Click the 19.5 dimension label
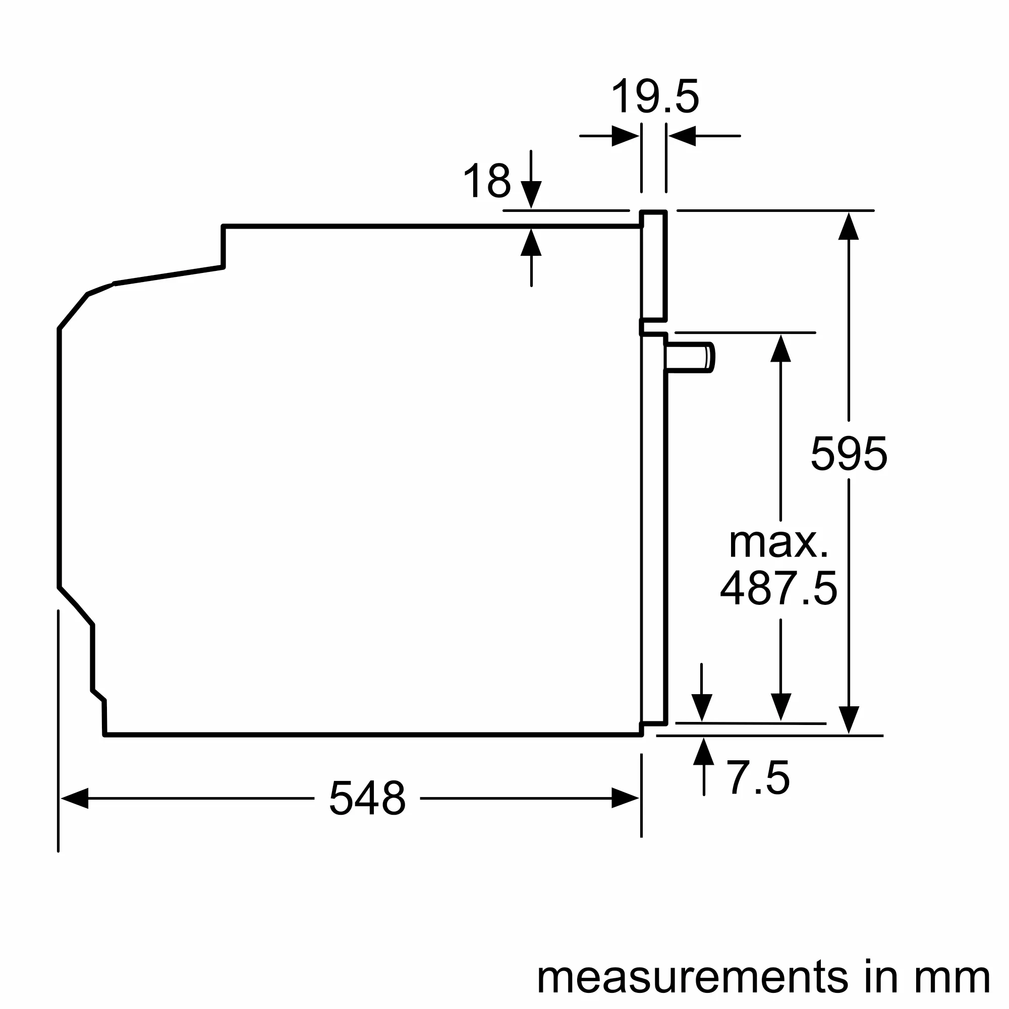pyautogui.click(x=654, y=97)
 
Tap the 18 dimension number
pyautogui.click(x=487, y=181)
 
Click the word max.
pyautogui.click(x=778, y=543)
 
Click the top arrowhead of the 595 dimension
pyautogui.click(x=849, y=227)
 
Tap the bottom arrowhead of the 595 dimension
pyautogui.click(x=849, y=720)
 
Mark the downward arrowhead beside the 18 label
pyautogui.click(x=531, y=194)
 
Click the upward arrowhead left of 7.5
pyautogui.click(x=703, y=752)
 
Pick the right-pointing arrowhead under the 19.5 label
pyautogui.click(x=625, y=136)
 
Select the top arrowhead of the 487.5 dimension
pyautogui.click(x=780, y=348)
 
